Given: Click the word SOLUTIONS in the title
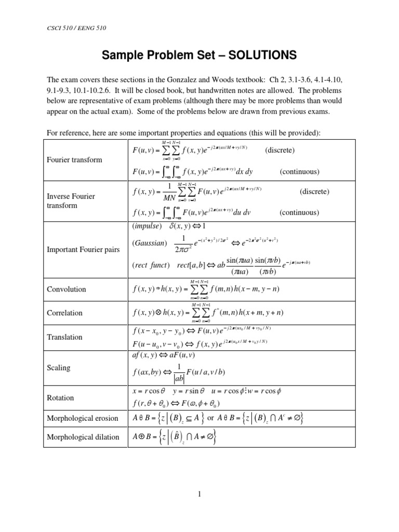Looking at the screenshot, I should tap(259, 55).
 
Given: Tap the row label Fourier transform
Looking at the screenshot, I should tap(75, 160).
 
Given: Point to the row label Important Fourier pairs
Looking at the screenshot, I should tap(83, 249).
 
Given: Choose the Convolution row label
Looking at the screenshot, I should tap(66, 289).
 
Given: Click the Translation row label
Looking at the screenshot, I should tap(64, 337).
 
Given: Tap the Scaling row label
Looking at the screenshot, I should tap(59, 367).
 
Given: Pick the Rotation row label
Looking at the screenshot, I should tap(60, 397).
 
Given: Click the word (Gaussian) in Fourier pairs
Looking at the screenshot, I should tap(150, 243).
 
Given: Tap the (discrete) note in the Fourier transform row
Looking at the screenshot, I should tap(280, 150).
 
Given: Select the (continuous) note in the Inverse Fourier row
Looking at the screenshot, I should tap(299, 212).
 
